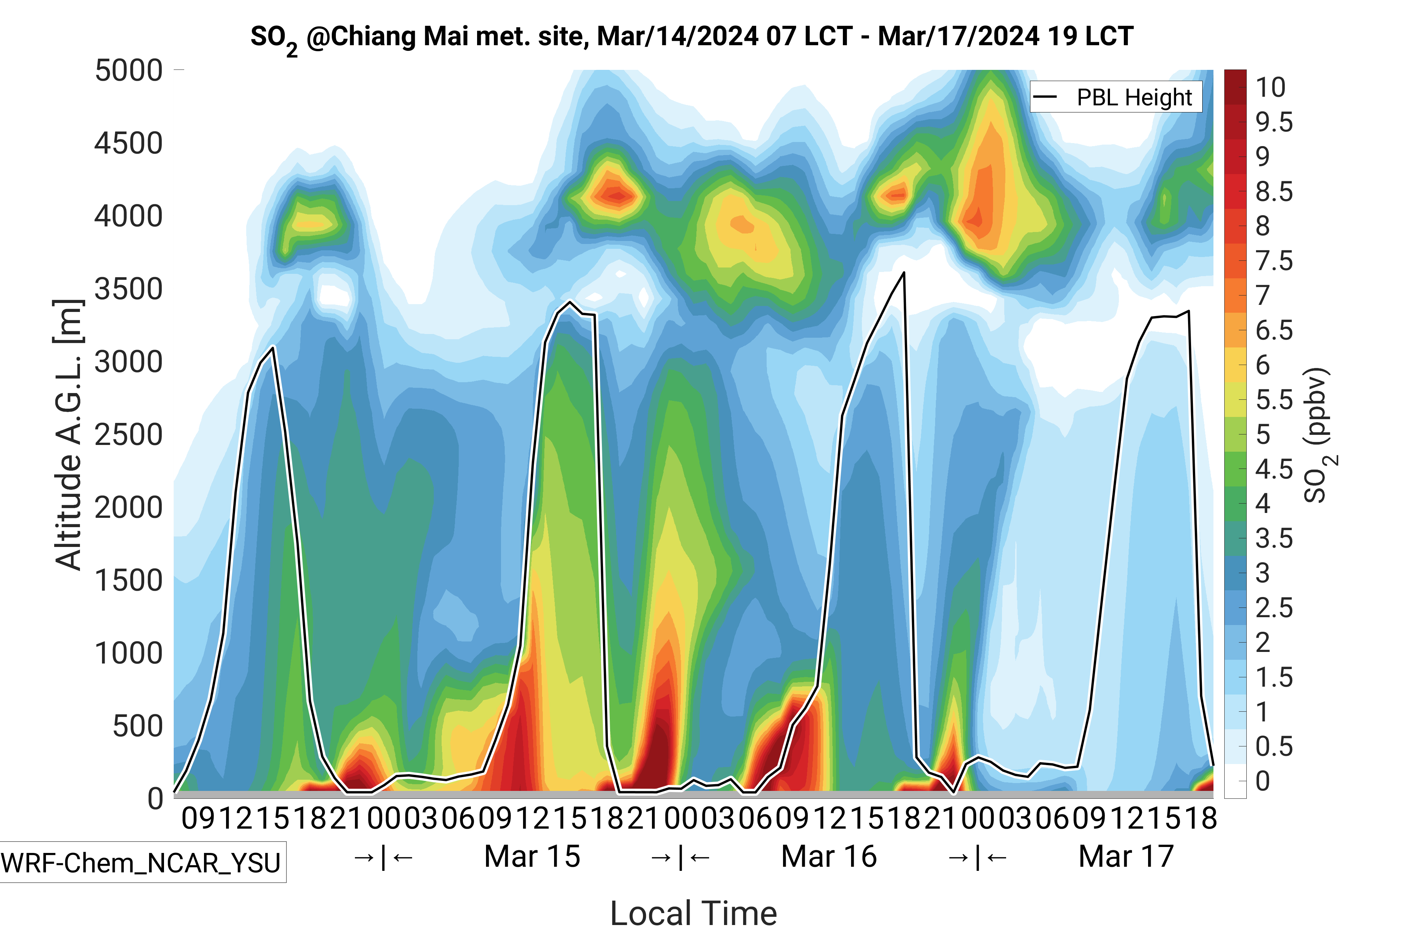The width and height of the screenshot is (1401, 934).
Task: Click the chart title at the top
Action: pos(691,37)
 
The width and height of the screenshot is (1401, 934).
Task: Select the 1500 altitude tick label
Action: pos(129,580)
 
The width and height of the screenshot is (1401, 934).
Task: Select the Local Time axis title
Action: pos(693,913)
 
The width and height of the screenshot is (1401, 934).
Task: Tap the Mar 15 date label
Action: pos(532,857)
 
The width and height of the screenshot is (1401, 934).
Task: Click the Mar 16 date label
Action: pos(829,857)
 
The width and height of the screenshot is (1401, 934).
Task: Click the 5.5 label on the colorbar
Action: pos(1274,400)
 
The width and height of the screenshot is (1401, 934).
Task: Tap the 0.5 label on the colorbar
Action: pos(1274,746)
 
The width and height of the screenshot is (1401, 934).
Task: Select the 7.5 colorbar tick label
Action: pos(1274,261)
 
